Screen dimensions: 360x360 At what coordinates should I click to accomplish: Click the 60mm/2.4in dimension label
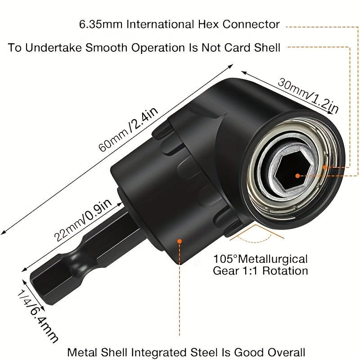point(128,129)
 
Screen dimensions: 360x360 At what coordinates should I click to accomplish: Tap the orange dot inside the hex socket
point(297,176)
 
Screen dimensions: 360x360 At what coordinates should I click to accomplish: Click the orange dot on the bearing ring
point(325,167)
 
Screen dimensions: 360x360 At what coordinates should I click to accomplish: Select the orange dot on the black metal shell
point(179,241)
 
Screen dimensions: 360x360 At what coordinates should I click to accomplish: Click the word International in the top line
point(160,24)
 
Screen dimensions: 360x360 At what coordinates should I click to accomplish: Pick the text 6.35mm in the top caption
point(101,24)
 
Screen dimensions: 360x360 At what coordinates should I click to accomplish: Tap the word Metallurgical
point(273,259)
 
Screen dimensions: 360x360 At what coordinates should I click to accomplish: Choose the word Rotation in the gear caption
point(285,271)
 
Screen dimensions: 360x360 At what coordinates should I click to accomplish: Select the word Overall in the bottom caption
point(287,352)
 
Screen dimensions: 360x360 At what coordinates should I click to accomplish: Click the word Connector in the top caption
point(251,24)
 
